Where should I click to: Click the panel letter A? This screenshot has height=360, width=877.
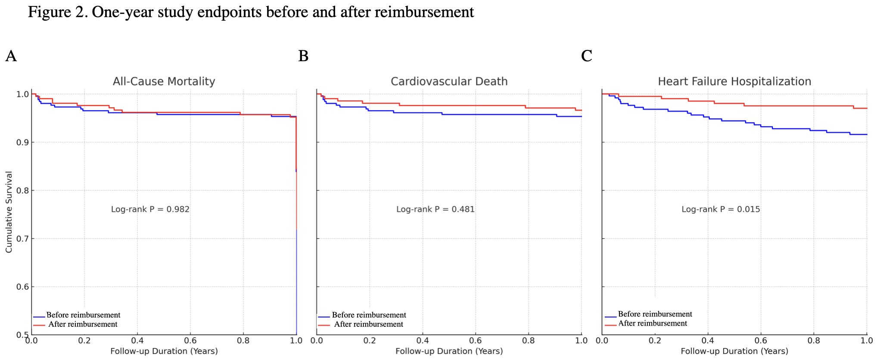[11, 56]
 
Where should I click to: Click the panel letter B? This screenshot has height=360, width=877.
[303, 56]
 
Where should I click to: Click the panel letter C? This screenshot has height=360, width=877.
[587, 56]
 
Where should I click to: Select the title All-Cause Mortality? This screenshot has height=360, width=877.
[164, 81]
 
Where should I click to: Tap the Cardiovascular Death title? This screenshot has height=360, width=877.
[449, 81]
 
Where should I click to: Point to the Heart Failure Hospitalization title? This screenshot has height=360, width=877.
[734, 81]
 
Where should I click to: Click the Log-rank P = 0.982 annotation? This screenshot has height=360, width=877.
[150, 209]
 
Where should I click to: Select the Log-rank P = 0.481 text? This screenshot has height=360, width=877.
[435, 209]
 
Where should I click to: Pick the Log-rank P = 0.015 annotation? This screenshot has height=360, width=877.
[721, 209]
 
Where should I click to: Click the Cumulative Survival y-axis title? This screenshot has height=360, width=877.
[9, 212]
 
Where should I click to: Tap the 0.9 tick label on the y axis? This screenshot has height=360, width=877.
[22, 142]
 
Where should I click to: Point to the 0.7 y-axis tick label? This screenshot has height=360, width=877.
[22, 239]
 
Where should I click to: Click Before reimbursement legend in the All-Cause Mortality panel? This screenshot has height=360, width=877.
[83, 315]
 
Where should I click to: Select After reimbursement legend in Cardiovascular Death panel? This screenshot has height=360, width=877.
[368, 324]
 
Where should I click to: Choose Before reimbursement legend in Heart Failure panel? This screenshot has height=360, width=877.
[655, 314]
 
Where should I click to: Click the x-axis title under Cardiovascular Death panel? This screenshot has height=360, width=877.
[449, 351]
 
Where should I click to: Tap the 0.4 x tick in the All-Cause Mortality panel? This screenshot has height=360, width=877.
[137, 341]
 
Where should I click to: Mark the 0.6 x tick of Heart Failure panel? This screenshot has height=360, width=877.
[761, 341]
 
